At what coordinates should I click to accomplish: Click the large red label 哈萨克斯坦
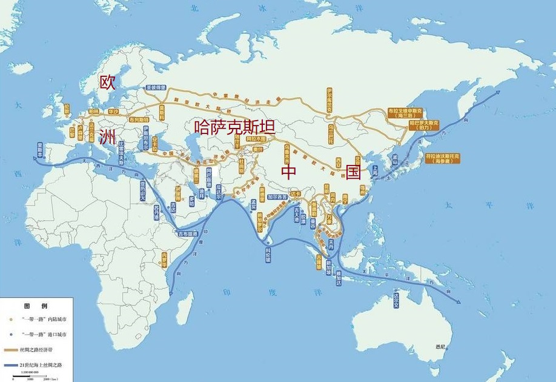pos(234,127)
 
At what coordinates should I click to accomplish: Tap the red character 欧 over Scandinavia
pos(107,83)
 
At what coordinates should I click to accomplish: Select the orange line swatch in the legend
pos(11,350)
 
